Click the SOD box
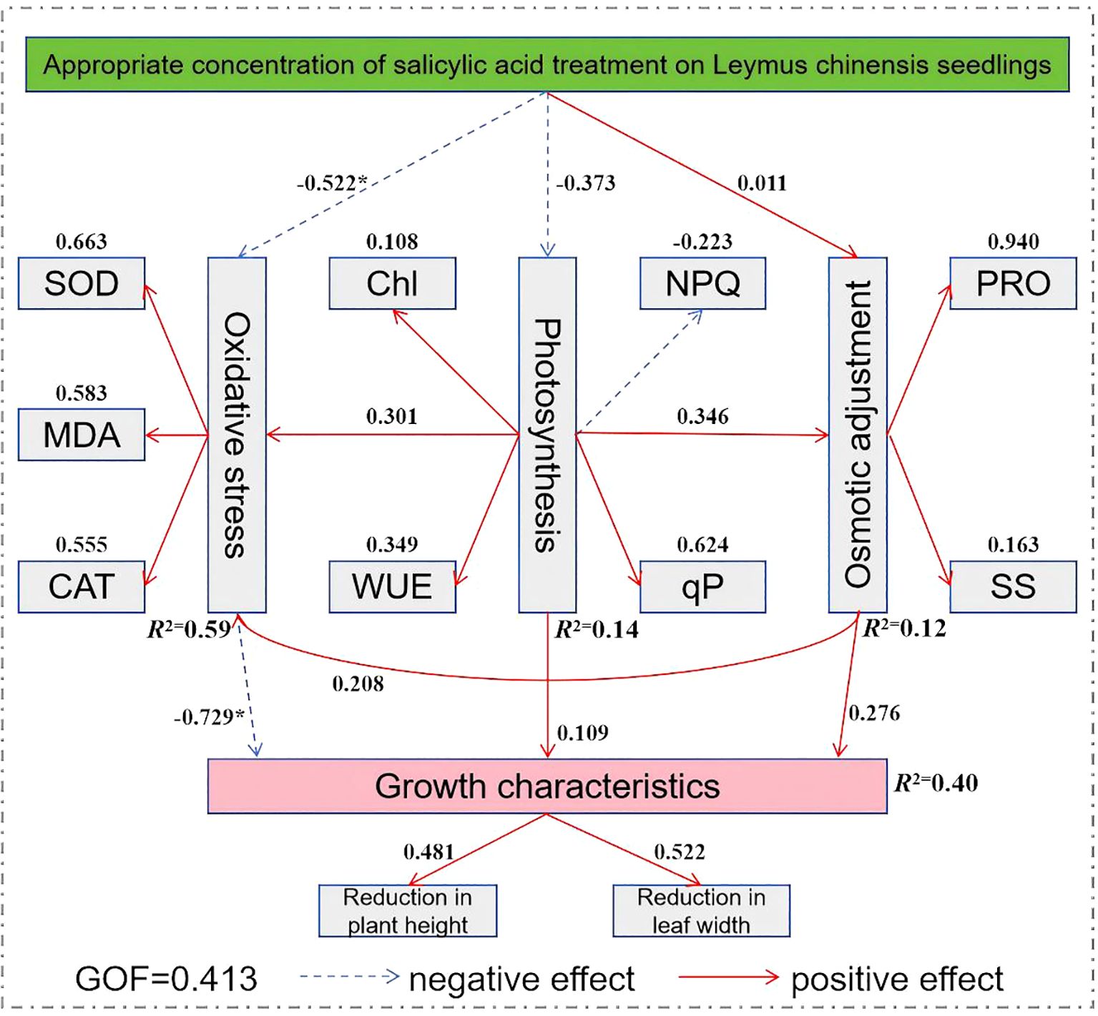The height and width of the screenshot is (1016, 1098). click(x=82, y=284)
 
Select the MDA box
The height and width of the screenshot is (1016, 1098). click(x=82, y=435)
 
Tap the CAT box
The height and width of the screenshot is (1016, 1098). click(x=82, y=586)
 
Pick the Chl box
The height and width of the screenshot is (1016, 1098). click(x=392, y=284)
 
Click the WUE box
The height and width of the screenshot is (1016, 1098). click(x=392, y=586)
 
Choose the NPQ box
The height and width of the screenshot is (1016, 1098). click(x=702, y=284)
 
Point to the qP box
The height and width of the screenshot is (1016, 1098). click(x=702, y=586)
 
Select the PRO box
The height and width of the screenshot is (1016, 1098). click(x=1013, y=284)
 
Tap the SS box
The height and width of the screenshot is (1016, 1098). click(x=1013, y=586)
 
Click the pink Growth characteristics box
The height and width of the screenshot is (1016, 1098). click(x=547, y=786)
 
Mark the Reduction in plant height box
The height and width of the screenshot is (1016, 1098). click(x=408, y=911)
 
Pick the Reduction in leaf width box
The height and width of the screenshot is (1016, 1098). click(x=701, y=911)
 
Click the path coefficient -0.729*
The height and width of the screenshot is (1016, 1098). click(x=210, y=716)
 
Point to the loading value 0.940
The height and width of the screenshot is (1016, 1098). click(x=1013, y=242)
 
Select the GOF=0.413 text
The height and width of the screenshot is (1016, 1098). click(x=166, y=979)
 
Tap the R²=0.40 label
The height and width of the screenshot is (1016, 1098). click(x=936, y=783)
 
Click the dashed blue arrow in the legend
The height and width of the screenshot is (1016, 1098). click(x=349, y=976)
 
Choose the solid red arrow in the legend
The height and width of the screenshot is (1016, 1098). click(x=728, y=977)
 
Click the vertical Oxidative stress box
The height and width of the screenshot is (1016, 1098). click(x=237, y=435)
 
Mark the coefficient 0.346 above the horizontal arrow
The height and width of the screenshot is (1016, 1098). click(x=702, y=416)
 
